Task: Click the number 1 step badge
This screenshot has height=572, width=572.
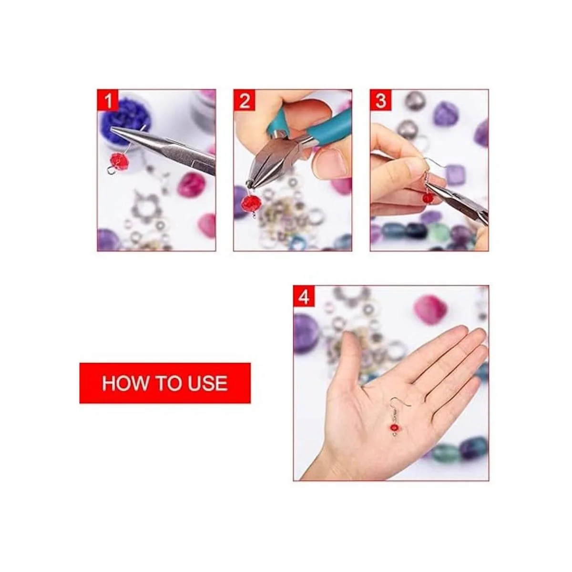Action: [108, 100]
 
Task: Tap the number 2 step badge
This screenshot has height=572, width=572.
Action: [245, 100]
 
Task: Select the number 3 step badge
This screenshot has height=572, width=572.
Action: [381, 100]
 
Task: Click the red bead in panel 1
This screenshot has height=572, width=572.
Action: [118, 160]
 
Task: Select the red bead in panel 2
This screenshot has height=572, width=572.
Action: [250, 204]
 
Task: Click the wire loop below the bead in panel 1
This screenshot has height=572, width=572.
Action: [111, 171]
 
